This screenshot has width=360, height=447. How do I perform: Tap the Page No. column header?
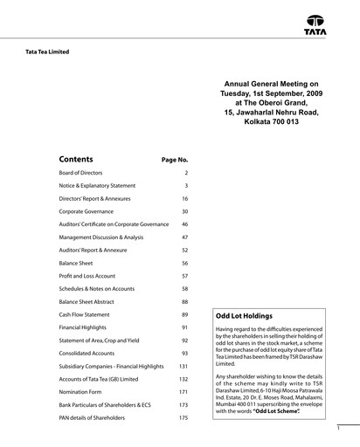coord(175,161)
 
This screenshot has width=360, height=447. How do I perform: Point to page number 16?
coord(184,199)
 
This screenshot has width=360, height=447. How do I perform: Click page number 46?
coord(184,224)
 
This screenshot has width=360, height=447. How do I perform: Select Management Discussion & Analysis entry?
coord(100,237)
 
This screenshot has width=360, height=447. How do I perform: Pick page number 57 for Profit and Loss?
coord(184,276)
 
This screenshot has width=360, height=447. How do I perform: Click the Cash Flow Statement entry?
coord(84,314)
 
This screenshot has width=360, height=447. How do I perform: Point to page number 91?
coord(184,327)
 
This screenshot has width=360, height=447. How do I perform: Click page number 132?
coord(183,379)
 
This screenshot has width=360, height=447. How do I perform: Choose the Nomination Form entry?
coord(80,392)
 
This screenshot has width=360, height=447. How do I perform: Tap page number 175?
coord(183,418)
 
